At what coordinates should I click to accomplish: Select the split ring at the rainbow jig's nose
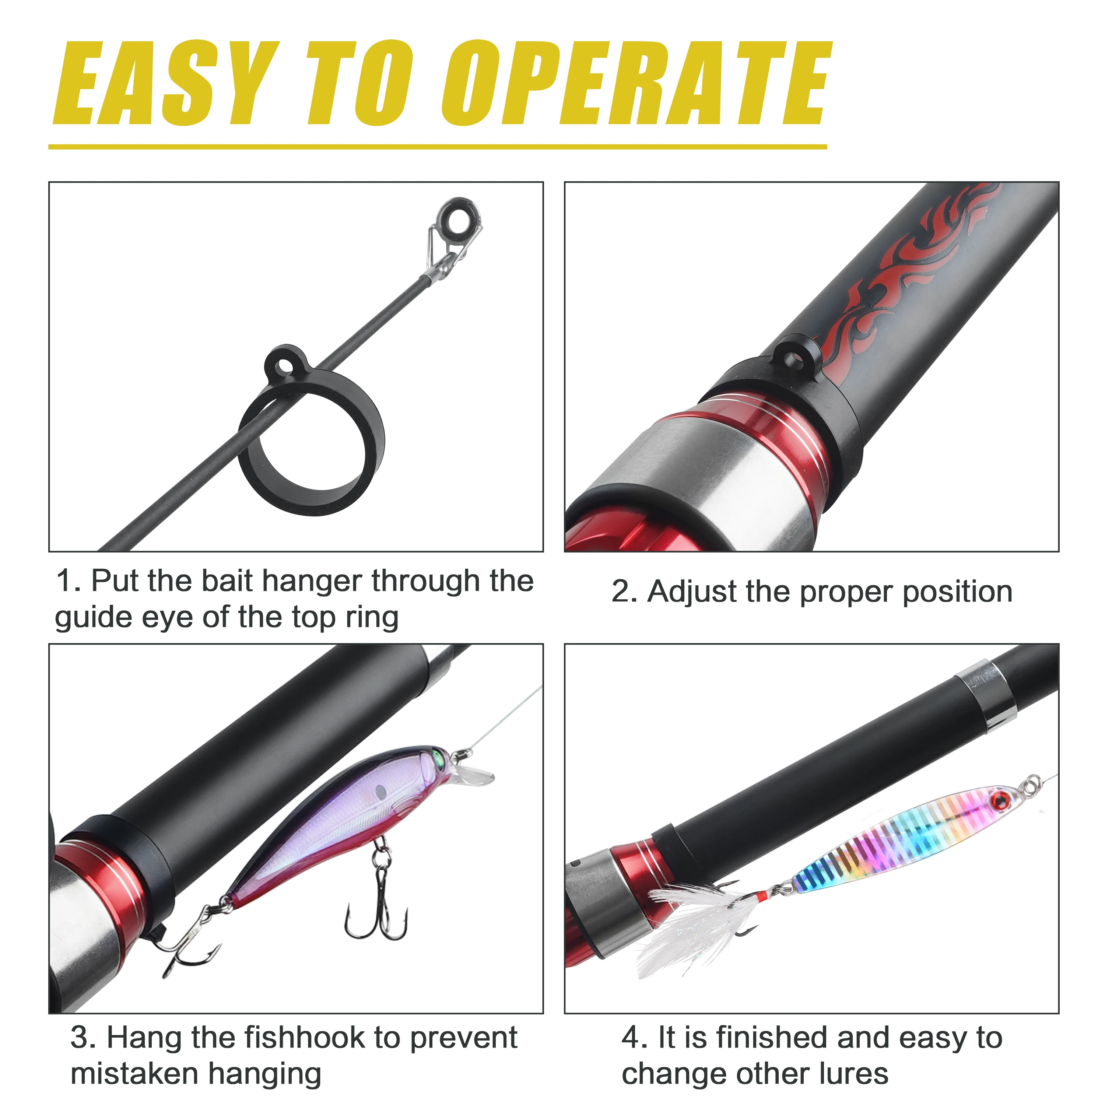(1032, 784)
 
